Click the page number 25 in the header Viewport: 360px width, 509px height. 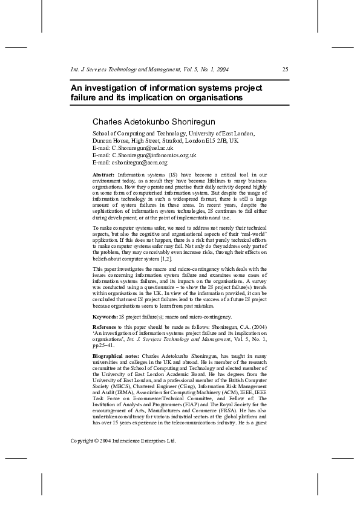pos(286,70)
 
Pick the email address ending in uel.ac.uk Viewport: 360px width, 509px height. pos(142,148)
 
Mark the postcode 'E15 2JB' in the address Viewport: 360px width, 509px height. pos(217,140)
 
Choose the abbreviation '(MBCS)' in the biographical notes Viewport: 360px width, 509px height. pos(121,397)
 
